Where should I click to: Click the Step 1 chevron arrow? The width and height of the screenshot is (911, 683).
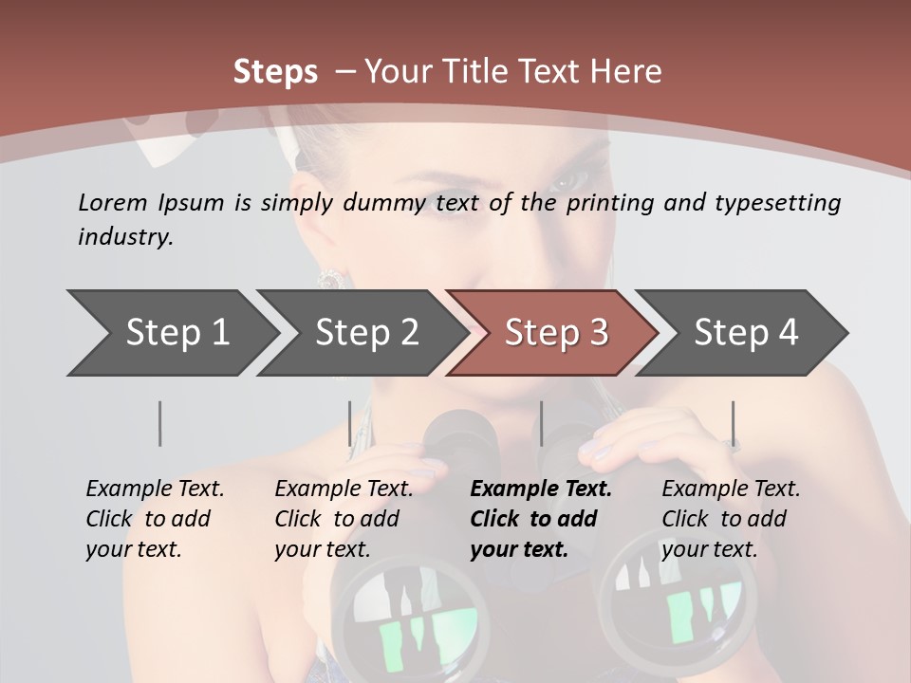[171, 333]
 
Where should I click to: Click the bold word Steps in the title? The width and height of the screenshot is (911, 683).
[275, 72]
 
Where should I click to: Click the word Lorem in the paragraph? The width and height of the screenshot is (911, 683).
[113, 202]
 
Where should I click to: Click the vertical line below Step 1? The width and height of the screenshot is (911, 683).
[160, 423]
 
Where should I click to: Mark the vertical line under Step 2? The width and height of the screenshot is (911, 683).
[350, 423]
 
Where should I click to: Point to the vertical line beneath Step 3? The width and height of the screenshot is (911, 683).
[541, 423]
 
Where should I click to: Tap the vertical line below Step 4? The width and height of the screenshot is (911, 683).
[734, 423]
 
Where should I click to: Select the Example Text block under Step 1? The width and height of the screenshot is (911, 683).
[154, 519]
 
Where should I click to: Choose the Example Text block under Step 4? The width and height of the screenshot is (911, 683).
[730, 519]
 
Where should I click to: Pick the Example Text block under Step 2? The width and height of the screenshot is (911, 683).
[343, 519]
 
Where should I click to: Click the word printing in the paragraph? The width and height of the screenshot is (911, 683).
[608, 203]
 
